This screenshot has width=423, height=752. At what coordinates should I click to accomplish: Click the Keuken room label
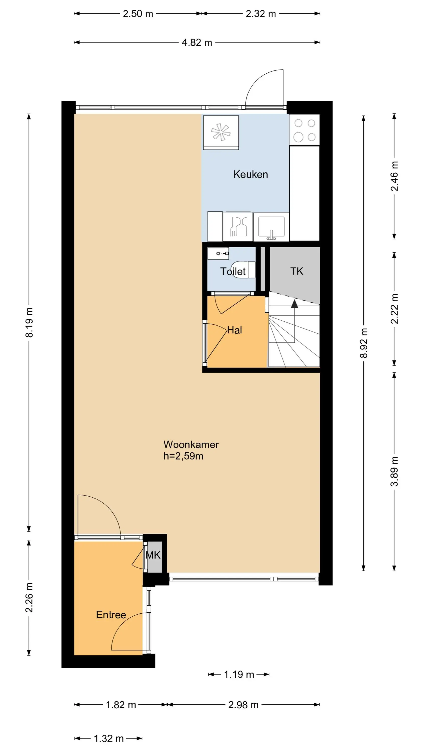tap(251, 174)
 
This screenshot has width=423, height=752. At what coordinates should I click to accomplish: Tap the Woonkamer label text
tap(191, 444)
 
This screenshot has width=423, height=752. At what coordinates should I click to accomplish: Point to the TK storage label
tap(297, 271)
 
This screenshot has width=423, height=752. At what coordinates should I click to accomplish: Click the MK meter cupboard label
tap(153, 555)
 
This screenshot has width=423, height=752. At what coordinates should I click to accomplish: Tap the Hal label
tap(234, 330)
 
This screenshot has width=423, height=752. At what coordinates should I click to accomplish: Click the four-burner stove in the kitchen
tap(304, 130)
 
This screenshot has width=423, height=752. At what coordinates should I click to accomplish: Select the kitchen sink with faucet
tap(271, 227)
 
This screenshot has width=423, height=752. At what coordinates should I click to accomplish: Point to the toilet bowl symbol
tap(243, 269)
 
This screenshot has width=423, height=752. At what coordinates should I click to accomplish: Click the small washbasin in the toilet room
tap(218, 253)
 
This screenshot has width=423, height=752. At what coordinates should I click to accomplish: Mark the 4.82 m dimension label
tap(197, 43)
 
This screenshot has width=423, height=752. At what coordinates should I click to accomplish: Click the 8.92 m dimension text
tap(363, 343)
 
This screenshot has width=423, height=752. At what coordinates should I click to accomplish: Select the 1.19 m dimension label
tap(239, 674)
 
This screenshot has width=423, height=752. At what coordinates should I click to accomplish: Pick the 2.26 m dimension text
tap(29, 598)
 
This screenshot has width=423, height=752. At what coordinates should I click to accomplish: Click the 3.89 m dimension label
tap(394, 471)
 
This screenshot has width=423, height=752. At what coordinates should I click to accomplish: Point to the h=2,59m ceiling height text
tap(183, 456)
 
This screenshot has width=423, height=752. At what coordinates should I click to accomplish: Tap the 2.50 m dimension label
tap(138, 14)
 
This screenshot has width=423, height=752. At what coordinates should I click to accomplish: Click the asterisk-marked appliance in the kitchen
tap(221, 133)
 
